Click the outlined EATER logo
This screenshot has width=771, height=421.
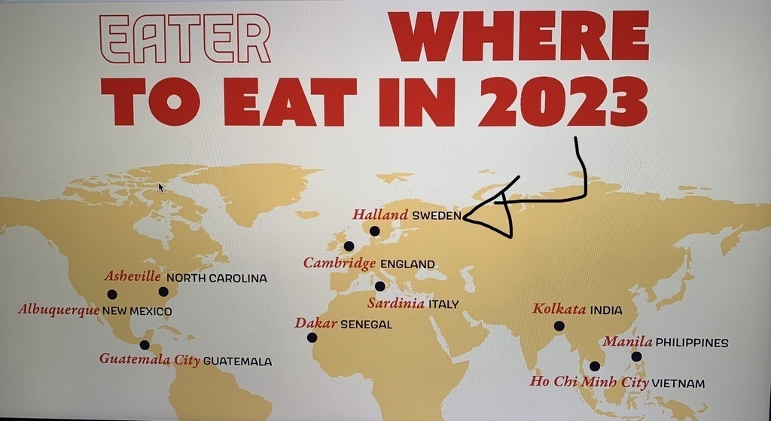[184, 38]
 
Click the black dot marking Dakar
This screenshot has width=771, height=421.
[312, 337]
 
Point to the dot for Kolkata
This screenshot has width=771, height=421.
[559, 325]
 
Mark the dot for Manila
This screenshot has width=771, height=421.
[636, 356]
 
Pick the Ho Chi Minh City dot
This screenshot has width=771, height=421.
[595, 366]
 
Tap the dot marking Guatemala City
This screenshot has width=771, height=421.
[145, 345]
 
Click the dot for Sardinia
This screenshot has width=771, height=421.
[379, 286]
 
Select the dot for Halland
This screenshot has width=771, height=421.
[375, 230]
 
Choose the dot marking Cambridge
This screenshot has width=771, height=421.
[349, 246]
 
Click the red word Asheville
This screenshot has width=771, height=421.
[133, 276]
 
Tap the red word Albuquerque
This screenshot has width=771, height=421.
[59, 310]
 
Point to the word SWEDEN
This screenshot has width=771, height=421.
[437, 215]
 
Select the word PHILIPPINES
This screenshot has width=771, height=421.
[692, 343]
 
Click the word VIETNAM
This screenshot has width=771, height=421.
[678, 383]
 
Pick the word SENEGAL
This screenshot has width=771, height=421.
[366, 325]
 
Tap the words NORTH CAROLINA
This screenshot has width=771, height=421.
[216, 278]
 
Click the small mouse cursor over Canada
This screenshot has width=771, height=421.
[160, 186]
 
